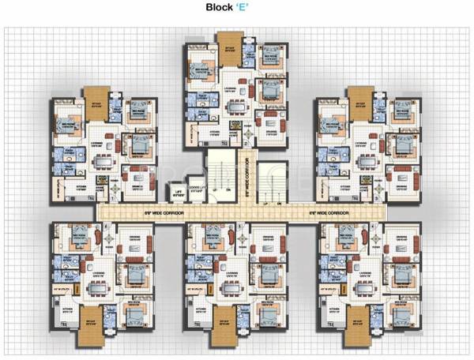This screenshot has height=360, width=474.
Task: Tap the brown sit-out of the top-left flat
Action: click(97, 95)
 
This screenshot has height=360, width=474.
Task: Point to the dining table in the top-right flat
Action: click(365, 159)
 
